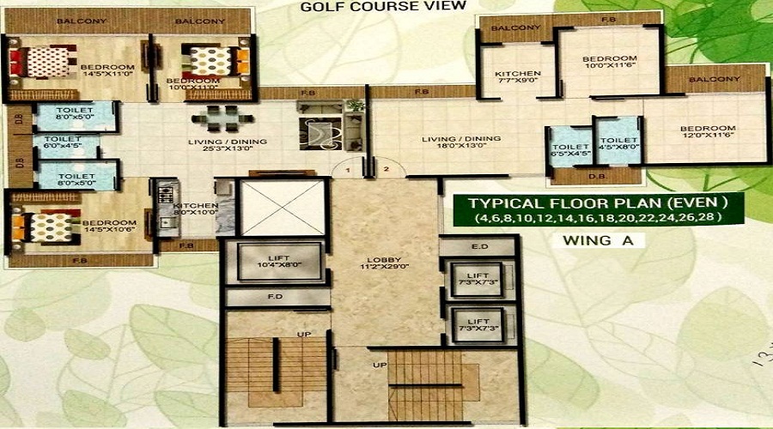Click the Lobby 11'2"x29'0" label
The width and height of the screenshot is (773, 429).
[x=386, y=261]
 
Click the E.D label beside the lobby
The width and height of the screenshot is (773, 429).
[x=479, y=247]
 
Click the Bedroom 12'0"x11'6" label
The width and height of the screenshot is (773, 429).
[x=710, y=133]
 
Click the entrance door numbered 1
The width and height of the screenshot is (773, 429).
[x=348, y=170]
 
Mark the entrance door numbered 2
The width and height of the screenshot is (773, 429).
[x=386, y=170]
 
